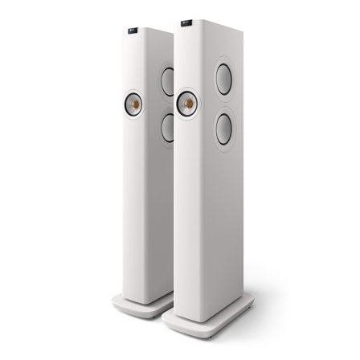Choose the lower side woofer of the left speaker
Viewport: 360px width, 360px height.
pyautogui.click(x=166, y=127)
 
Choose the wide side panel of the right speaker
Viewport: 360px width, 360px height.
pyautogui.click(x=233, y=209)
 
